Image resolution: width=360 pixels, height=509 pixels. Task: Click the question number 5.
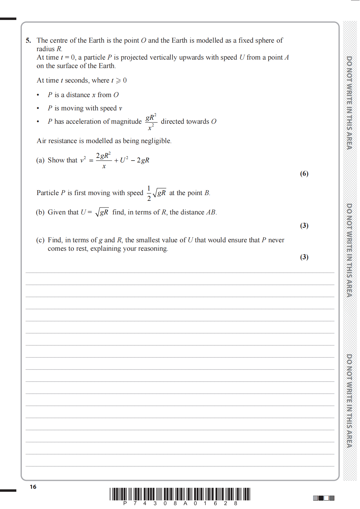[x=28, y=41]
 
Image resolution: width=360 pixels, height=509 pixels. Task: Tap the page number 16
[x=33, y=487]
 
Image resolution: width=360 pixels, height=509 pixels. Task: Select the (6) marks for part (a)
[x=304, y=174]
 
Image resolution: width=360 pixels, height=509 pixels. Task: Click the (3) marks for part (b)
[x=304, y=226]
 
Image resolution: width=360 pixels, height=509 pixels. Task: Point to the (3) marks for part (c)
[x=304, y=257]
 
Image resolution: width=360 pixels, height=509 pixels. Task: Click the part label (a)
[x=40, y=160]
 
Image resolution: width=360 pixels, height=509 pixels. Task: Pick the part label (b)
[x=40, y=212]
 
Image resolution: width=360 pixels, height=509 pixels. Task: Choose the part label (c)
[x=40, y=240]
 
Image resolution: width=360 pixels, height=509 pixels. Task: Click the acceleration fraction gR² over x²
[x=151, y=122]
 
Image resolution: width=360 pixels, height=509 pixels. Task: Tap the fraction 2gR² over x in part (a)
[x=103, y=160]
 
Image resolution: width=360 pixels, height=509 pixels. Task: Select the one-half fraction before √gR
[x=149, y=193]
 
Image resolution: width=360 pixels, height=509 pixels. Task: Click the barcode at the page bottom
[x=180, y=494]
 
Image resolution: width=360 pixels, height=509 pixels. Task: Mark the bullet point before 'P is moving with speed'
[x=38, y=108]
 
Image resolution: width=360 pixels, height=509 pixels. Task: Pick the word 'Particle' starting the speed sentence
[x=47, y=193]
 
